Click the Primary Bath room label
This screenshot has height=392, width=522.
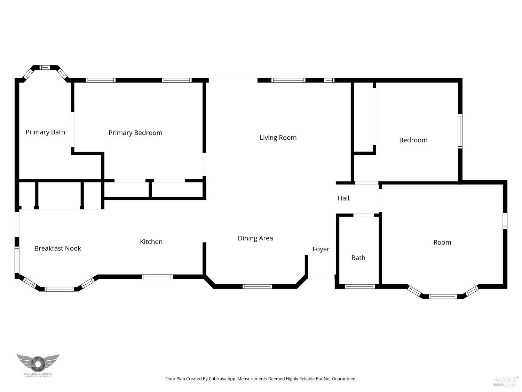click(x=45, y=132)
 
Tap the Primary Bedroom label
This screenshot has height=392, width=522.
click(x=135, y=133)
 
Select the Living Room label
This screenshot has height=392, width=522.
click(x=278, y=138)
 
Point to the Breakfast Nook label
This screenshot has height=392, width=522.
click(x=58, y=248)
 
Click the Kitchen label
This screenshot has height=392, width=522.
click(x=151, y=242)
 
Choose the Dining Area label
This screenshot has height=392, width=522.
click(x=255, y=238)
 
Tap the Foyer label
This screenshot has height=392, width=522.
click(x=321, y=249)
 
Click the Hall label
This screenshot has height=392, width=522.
click(x=343, y=198)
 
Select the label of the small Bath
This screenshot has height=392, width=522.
click(x=358, y=258)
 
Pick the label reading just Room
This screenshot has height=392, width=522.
click(x=442, y=243)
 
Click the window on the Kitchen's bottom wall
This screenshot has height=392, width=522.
click(x=157, y=277)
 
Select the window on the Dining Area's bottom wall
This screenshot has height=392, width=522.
click(x=257, y=287)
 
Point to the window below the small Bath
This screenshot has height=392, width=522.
click(x=359, y=287)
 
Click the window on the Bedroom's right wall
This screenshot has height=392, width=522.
click(x=460, y=131)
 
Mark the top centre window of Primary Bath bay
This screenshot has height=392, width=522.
click(x=45, y=67)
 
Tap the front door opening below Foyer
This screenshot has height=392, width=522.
click(x=321, y=279)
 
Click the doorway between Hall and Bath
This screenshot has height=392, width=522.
click(x=364, y=215)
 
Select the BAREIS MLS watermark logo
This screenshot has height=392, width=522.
click(x=506, y=382)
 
